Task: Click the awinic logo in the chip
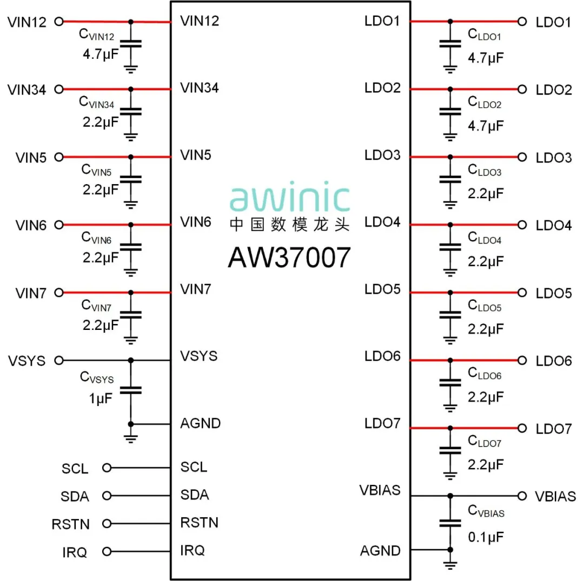[290, 198]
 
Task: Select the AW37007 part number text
[289, 258]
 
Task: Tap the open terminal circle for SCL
[107, 468]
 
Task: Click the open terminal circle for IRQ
[107, 551]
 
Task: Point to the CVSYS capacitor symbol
[130, 390]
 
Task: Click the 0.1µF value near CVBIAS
[486, 537]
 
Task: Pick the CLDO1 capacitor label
[484, 36]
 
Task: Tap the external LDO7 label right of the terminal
[553, 429]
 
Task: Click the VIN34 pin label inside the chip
[199, 87]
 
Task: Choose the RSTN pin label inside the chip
[199, 523]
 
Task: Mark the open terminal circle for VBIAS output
[522, 496]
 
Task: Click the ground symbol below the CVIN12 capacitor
[130, 69]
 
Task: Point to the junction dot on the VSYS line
[130, 360]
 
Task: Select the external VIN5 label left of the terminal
[31, 158]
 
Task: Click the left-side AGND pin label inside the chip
[200, 423]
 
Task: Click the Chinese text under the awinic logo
[289, 225]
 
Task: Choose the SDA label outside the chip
[75, 496]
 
